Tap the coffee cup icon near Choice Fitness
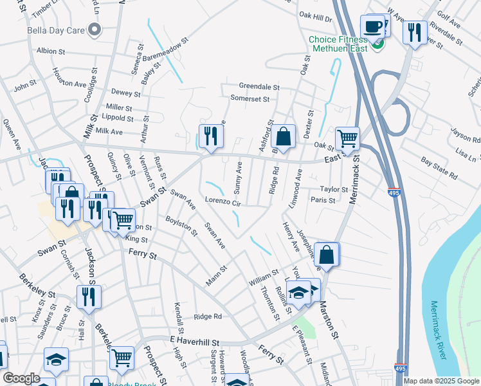(x=372, y=26)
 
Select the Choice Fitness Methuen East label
(x=340, y=44)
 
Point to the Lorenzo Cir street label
(x=222, y=202)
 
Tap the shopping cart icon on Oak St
(x=347, y=138)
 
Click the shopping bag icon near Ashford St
(x=283, y=136)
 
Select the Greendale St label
(x=259, y=86)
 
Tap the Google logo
(x=21, y=378)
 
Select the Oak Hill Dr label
(x=314, y=19)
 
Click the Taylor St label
(x=334, y=190)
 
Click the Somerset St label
(x=250, y=98)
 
